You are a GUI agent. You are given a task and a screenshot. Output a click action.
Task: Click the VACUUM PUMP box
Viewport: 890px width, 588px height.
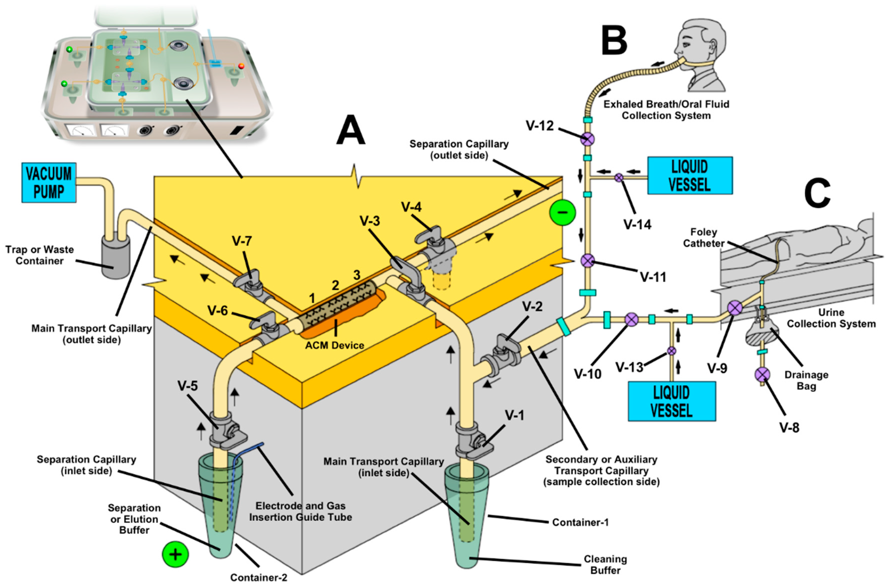(49, 183)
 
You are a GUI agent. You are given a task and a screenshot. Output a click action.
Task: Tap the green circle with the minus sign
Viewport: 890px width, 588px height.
(562, 212)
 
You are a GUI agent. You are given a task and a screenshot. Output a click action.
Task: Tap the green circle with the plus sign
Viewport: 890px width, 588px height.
(175, 554)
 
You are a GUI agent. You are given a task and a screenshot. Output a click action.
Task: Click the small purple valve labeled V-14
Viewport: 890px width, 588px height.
(619, 177)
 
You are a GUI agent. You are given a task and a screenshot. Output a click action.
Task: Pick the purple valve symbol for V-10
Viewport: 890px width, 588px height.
(631, 320)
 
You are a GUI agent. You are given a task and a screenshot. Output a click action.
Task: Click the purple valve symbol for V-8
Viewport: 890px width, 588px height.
(762, 374)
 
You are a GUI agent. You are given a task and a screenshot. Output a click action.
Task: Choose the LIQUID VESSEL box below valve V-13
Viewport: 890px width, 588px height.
(671, 401)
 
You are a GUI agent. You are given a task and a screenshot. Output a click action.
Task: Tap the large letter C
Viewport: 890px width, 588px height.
(817, 193)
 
